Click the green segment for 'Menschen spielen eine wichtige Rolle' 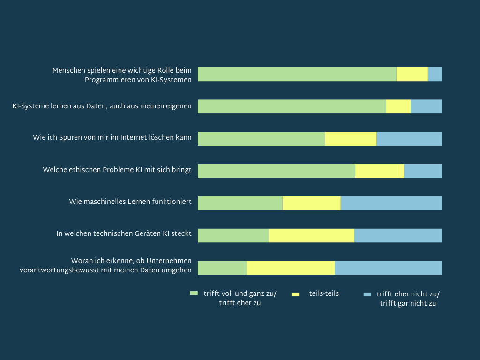[297, 74]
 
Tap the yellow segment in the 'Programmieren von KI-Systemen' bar [412, 74]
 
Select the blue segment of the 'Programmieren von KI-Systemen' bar [435, 74]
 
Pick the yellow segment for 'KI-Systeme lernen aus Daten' [398, 106]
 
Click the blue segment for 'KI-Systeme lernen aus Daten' [426, 106]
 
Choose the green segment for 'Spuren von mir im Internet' [261, 139]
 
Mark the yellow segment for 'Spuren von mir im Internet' [351, 139]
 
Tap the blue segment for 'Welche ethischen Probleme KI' [423, 171]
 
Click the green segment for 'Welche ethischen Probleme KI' [276, 171]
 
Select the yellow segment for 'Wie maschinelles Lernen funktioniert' [311, 203]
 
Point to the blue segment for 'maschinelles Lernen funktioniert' [391, 203]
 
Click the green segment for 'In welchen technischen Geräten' [233, 235]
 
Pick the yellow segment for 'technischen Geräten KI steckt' [311, 235]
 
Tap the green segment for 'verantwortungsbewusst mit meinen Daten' [222, 268]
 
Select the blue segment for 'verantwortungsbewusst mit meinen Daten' [388, 268]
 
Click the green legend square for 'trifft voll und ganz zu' [194, 293]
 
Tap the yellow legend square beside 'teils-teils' [295, 294]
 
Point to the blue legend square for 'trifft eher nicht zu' [367, 294]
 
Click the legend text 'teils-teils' [324, 294]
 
